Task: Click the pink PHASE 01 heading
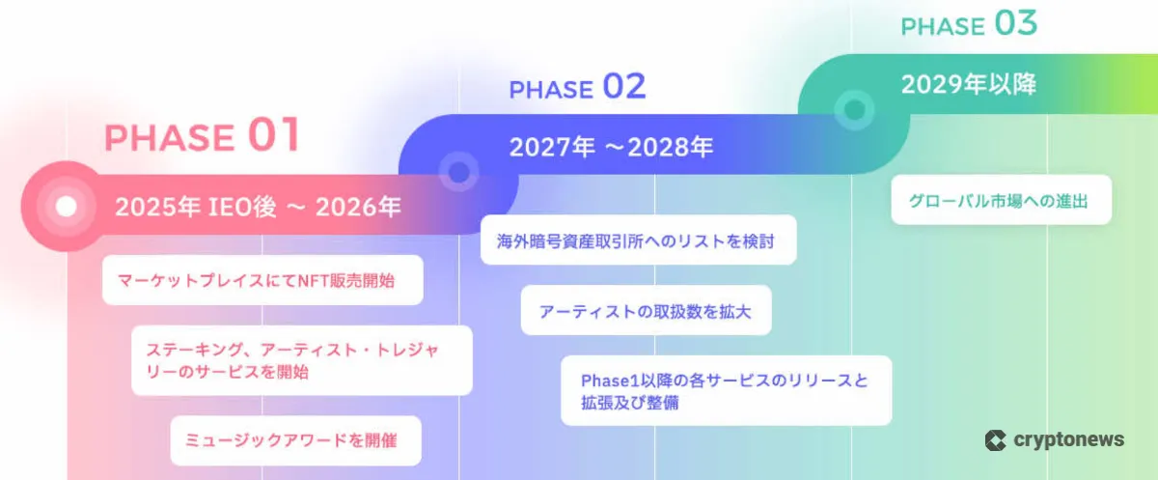point(202,135)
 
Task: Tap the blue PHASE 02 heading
point(577,86)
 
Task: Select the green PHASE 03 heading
point(969,24)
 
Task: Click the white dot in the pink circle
point(67,207)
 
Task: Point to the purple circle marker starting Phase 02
point(458,172)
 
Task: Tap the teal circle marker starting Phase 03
point(854,110)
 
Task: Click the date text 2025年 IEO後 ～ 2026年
point(258,207)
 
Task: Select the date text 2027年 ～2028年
point(611,147)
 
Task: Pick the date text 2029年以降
point(969,84)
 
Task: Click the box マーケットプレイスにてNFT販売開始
point(262,280)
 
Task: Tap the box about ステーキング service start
point(302,360)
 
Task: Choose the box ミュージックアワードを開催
point(295,440)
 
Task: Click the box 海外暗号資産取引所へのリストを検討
point(639,240)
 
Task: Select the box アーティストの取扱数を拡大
point(647,310)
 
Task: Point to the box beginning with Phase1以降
point(727,390)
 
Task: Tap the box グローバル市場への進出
point(1002,200)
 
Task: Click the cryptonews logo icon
point(995,440)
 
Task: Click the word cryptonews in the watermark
point(1068,439)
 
